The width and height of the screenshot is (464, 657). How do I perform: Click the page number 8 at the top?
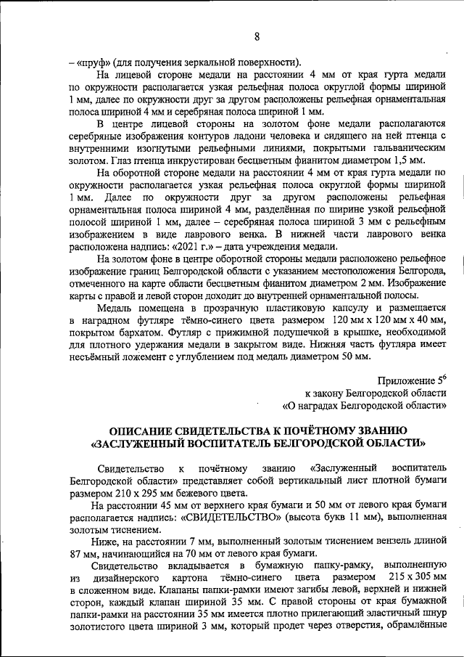[257, 37]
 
